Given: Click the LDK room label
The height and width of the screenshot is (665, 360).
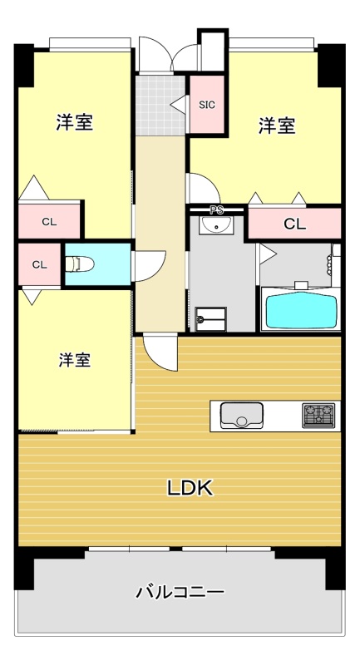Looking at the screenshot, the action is click(189, 488).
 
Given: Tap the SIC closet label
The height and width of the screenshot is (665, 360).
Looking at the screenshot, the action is click(207, 105).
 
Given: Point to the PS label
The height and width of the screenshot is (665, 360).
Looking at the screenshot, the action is click(217, 210).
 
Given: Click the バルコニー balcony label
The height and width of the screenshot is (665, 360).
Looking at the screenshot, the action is click(180, 591).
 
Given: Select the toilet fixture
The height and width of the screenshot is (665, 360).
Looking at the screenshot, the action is click(79, 264).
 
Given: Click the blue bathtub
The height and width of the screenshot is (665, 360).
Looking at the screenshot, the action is click(301, 309).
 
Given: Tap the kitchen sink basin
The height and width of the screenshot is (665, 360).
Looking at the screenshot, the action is click(241, 415).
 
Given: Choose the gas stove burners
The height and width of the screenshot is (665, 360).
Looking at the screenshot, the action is click(318, 415).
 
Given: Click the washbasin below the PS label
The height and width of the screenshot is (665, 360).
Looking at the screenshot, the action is click(216, 224).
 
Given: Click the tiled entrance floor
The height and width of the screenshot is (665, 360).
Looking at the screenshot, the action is click(160, 106).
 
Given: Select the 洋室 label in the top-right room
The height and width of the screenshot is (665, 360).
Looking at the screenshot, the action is click(277, 126).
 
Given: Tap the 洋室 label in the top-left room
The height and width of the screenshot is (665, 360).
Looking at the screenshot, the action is click(75, 122).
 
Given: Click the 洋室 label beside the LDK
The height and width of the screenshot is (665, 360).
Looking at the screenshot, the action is click(75, 360).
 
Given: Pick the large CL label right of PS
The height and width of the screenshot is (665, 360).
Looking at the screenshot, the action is click(294, 224).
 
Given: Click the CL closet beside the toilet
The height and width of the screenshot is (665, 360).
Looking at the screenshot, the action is click(39, 264).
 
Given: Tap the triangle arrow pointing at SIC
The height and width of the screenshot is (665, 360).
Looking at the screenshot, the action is click(178, 105).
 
